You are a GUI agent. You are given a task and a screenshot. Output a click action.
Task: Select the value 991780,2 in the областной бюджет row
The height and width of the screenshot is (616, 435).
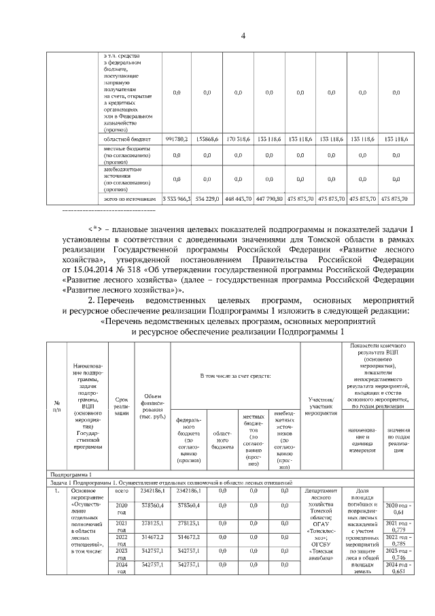(175, 139)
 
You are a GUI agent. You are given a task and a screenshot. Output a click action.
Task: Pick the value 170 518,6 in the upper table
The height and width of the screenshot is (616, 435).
(237, 139)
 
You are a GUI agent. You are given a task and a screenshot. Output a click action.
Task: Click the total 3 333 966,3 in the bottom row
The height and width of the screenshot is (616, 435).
(175, 199)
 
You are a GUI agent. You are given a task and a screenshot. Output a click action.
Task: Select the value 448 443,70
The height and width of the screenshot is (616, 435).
(237, 199)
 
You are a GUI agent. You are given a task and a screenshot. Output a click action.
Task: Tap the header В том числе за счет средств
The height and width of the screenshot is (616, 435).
(235, 376)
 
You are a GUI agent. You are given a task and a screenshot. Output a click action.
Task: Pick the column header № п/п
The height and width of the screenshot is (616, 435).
(56, 407)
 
